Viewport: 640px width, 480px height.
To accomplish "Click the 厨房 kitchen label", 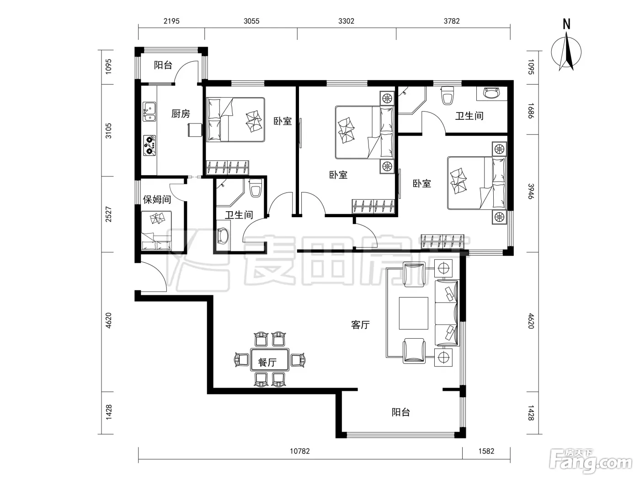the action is (181, 114).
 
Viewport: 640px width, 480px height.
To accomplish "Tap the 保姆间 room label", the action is (157, 200).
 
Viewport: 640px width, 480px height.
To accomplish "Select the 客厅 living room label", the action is (360, 325).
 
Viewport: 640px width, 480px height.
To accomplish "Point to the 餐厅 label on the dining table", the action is (267, 362).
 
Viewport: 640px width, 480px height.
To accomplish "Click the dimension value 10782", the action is (300, 452).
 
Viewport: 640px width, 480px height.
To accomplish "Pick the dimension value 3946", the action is (531, 191).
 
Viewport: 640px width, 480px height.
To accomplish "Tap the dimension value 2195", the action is (171, 21).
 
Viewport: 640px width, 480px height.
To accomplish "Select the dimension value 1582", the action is (486, 452).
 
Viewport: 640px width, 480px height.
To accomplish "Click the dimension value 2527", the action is (108, 214).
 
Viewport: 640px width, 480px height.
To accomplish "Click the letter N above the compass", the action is (566, 24).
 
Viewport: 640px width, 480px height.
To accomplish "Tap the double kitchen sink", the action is (149, 112).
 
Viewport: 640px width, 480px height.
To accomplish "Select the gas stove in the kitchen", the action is (149, 145).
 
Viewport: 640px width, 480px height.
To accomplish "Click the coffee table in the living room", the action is (413, 313).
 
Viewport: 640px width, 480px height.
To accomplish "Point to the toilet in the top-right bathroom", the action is (447, 95).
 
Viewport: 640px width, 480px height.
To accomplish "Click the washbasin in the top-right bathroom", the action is (491, 93).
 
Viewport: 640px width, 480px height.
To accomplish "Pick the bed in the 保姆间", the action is (157, 230).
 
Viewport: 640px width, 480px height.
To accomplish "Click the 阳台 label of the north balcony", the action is (163, 65).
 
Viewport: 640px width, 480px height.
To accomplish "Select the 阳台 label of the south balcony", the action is (400, 412).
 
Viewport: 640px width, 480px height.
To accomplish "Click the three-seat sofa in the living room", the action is (446, 313).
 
